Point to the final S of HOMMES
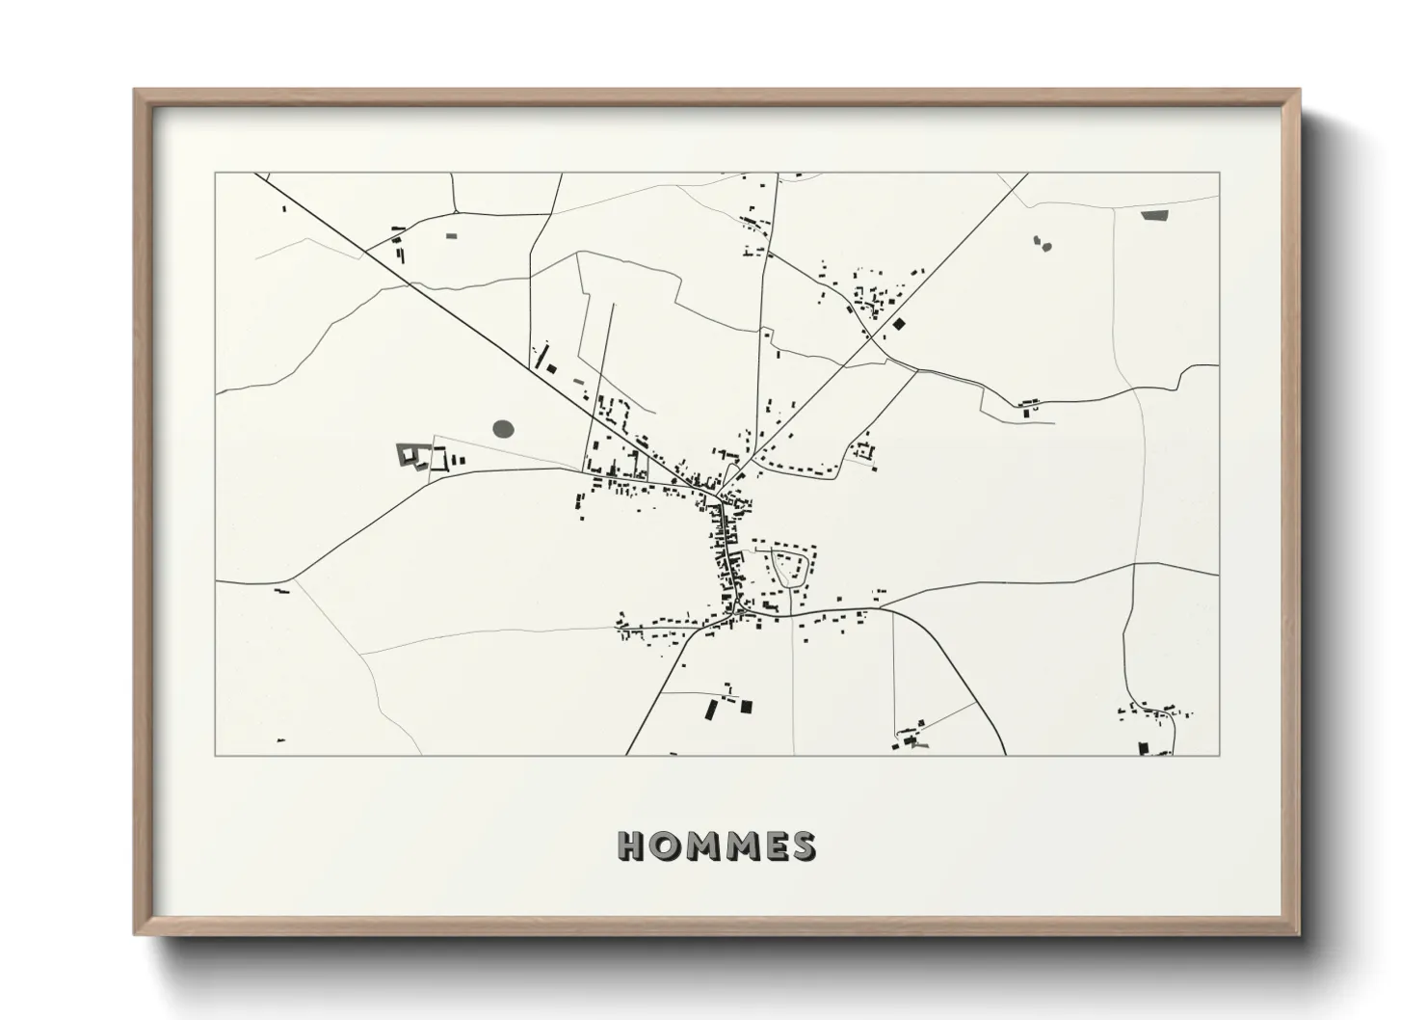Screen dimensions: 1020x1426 801,846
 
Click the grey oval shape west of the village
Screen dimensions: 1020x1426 503,427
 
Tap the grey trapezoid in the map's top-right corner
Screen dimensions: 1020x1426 1153,215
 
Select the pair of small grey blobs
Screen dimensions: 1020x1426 1041,243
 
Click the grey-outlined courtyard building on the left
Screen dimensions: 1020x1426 411,454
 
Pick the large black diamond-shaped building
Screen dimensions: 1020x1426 899,325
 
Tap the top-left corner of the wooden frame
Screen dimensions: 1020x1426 135,91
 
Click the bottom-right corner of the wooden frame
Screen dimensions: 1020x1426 1299,934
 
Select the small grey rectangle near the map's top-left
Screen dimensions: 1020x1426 451,234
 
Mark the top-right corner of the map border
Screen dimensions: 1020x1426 1219,173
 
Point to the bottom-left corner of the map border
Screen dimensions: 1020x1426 215,755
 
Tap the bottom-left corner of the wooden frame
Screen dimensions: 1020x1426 135,934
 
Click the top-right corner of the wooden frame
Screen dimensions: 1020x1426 1299,91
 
